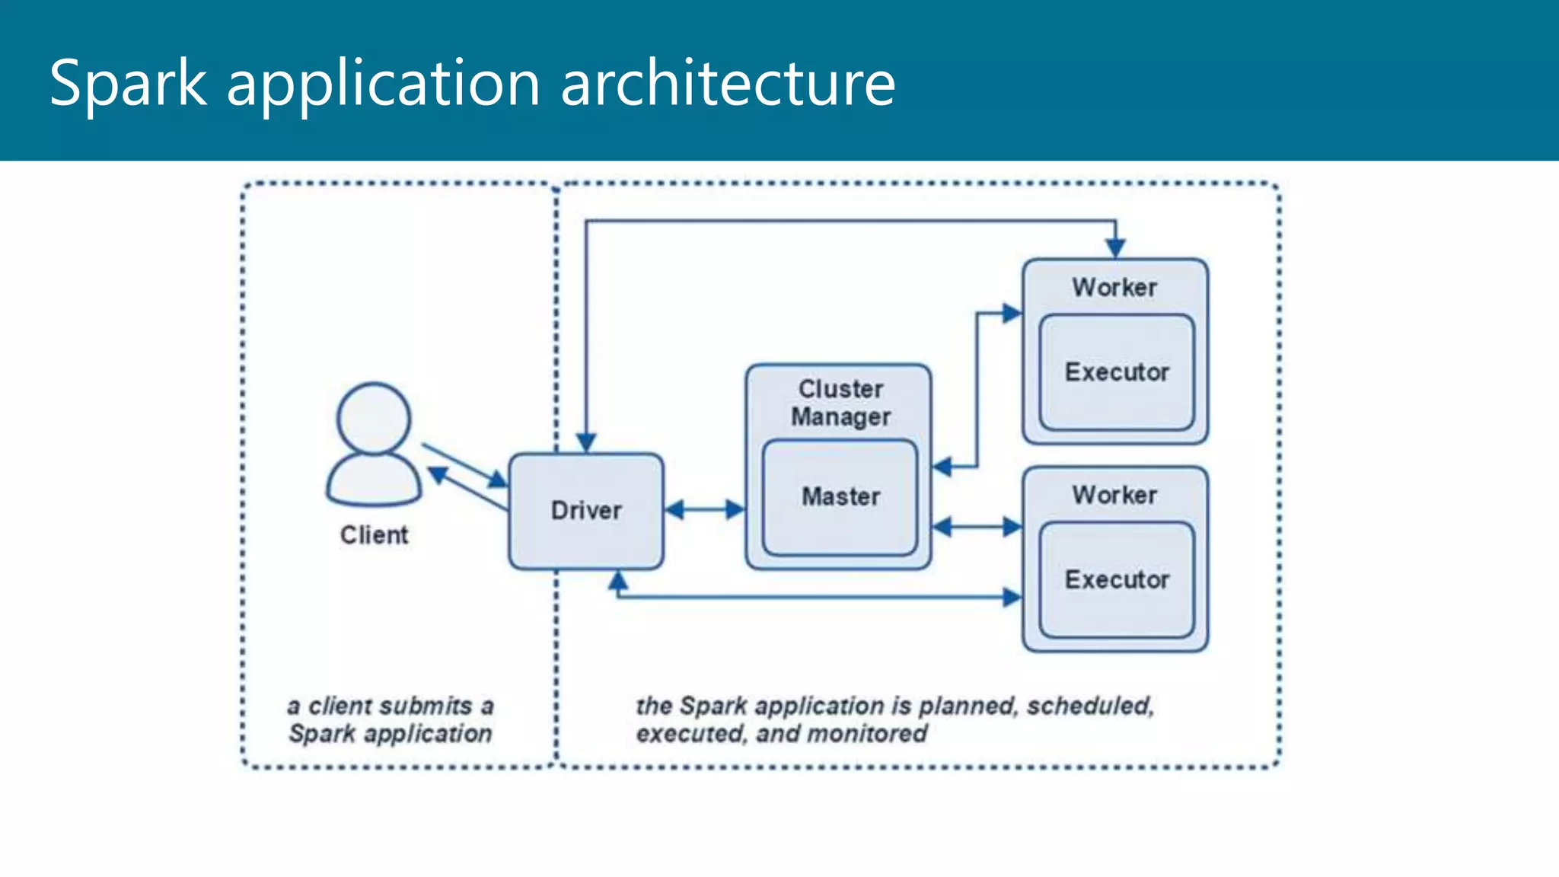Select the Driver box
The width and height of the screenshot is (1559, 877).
(585, 511)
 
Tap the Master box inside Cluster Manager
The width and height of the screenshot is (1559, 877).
(840, 497)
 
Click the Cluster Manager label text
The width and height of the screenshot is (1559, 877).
(840, 403)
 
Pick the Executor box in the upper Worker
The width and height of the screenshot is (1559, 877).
(1116, 372)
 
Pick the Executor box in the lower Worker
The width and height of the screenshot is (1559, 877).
(1116, 580)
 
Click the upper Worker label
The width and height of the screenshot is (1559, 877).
(1114, 288)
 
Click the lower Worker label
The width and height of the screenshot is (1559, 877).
(1114, 496)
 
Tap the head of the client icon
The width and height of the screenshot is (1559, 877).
(374, 418)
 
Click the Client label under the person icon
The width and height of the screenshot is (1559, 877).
(374, 535)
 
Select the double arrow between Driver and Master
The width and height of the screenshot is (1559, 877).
(704, 509)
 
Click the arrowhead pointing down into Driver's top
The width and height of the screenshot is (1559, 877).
(585, 442)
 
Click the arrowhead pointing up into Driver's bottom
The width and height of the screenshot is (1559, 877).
(618, 582)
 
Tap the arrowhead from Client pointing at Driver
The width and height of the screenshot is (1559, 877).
(498, 480)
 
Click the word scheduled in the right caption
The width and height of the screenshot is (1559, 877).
(1089, 706)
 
